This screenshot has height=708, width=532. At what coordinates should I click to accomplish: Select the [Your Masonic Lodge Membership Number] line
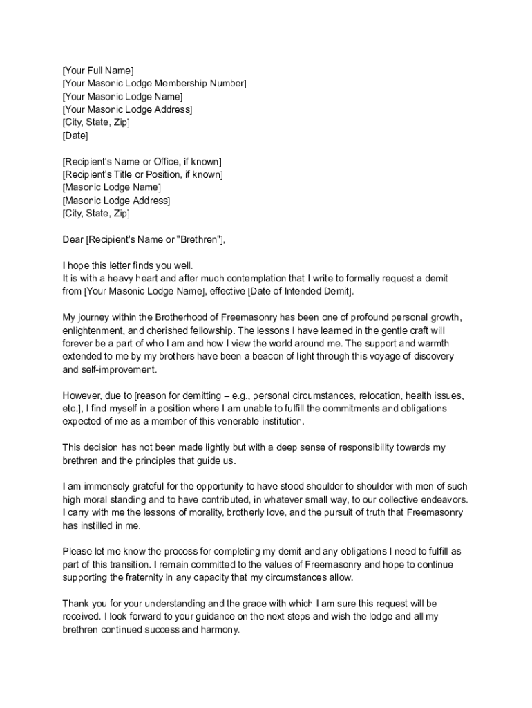click(x=154, y=83)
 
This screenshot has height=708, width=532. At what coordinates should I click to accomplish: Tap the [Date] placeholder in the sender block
click(x=75, y=136)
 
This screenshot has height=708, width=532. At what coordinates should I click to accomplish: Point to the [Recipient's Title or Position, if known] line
click(x=143, y=174)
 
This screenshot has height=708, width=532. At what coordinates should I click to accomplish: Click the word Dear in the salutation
click(x=73, y=239)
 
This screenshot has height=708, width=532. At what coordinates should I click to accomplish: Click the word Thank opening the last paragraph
click(x=76, y=604)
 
